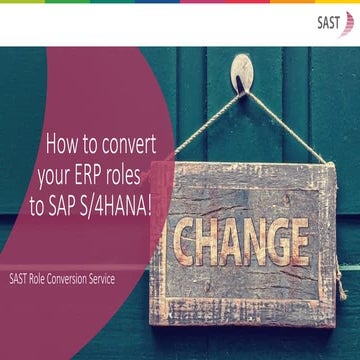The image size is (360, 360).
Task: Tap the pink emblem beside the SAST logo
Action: [349, 23]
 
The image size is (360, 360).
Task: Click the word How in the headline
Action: [64, 142]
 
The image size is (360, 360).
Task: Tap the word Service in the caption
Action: [127, 279]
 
